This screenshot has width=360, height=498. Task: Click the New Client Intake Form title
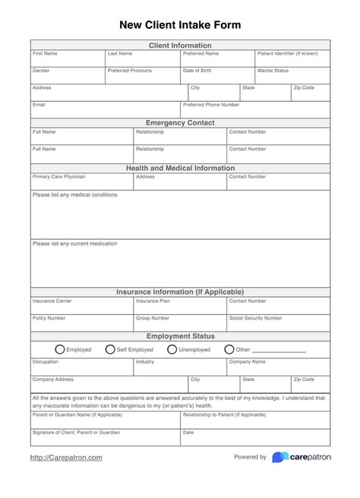(180, 25)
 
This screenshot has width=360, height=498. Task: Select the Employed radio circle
(60, 350)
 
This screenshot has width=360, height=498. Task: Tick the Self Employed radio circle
(110, 350)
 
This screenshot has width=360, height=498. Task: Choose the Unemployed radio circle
(172, 350)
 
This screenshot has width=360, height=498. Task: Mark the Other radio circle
(229, 350)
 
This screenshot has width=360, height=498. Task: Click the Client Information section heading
(180, 46)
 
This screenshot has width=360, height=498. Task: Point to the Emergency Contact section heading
(180, 123)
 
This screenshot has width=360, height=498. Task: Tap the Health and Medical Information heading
(180, 168)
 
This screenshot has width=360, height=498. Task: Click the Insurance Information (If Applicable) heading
(180, 292)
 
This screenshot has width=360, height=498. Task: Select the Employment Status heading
(180, 336)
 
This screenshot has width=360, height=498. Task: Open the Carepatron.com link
(66, 458)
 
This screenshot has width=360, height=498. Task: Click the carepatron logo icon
(279, 457)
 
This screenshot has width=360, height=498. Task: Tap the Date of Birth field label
(197, 71)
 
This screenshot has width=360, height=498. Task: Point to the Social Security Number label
(255, 318)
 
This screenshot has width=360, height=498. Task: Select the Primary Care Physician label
(58, 177)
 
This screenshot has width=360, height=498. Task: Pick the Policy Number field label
(49, 318)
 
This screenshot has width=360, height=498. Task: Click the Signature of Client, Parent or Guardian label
(76, 432)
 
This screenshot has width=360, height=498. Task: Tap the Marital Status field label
(273, 71)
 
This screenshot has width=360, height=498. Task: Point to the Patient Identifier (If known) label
(288, 54)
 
